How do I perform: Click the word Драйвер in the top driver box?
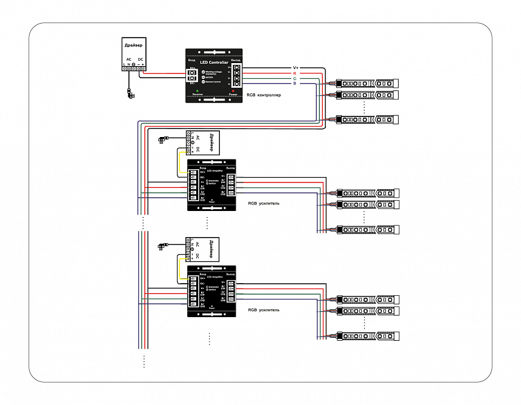pyautogui.click(x=133, y=45)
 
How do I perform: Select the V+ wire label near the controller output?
pyautogui.click(x=296, y=67)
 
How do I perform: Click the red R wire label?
pyautogui.click(x=294, y=73)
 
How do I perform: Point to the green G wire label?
pyautogui.click(x=294, y=78)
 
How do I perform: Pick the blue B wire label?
pyautogui.click(x=294, y=84)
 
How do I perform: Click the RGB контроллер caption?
pyautogui.click(x=264, y=95)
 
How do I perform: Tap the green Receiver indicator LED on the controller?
pyautogui.click(x=197, y=91)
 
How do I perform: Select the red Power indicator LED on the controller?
pyautogui.click(x=233, y=91)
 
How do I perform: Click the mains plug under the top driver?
pyautogui.click(x=130, y=94)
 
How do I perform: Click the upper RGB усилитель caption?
pyautogui.click(x=264, y=204)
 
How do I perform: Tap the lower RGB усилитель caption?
pyautogui.click(x=264, y=310)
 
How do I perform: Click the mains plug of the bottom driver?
pyautogui.click(x=162, y=246)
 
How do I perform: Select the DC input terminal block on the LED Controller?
pyautogui.click(x=191, y=76)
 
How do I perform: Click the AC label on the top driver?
pyautogui.click(x=128, y=59)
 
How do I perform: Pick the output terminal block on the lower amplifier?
pyautogui.click(x=231, y=291)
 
